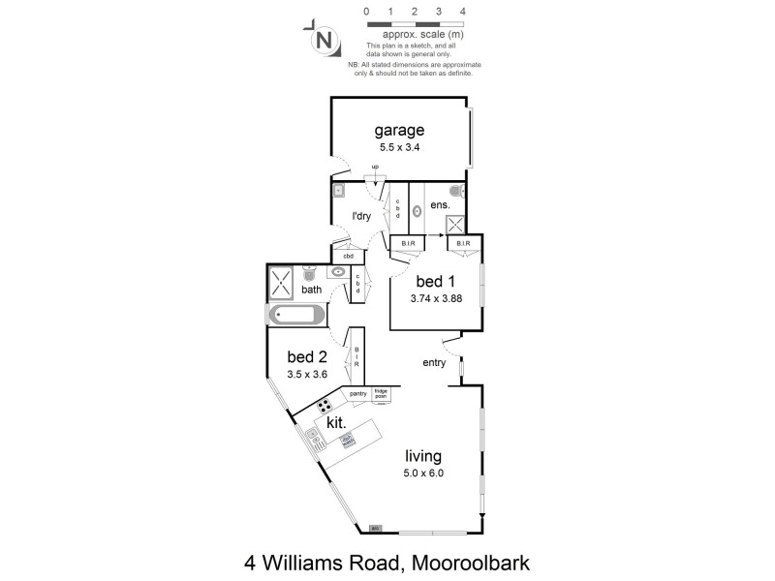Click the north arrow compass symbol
coord(325,40)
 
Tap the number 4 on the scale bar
coord(464,12)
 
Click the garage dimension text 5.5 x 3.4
coord(400,148)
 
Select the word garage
coord(400,131)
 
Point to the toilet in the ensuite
coord(455,192)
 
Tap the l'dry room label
coord(362,216)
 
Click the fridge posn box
coord(381,395)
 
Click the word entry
coord(434,363)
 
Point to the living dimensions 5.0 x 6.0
coord(423,474)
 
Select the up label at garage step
coord(375,167)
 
